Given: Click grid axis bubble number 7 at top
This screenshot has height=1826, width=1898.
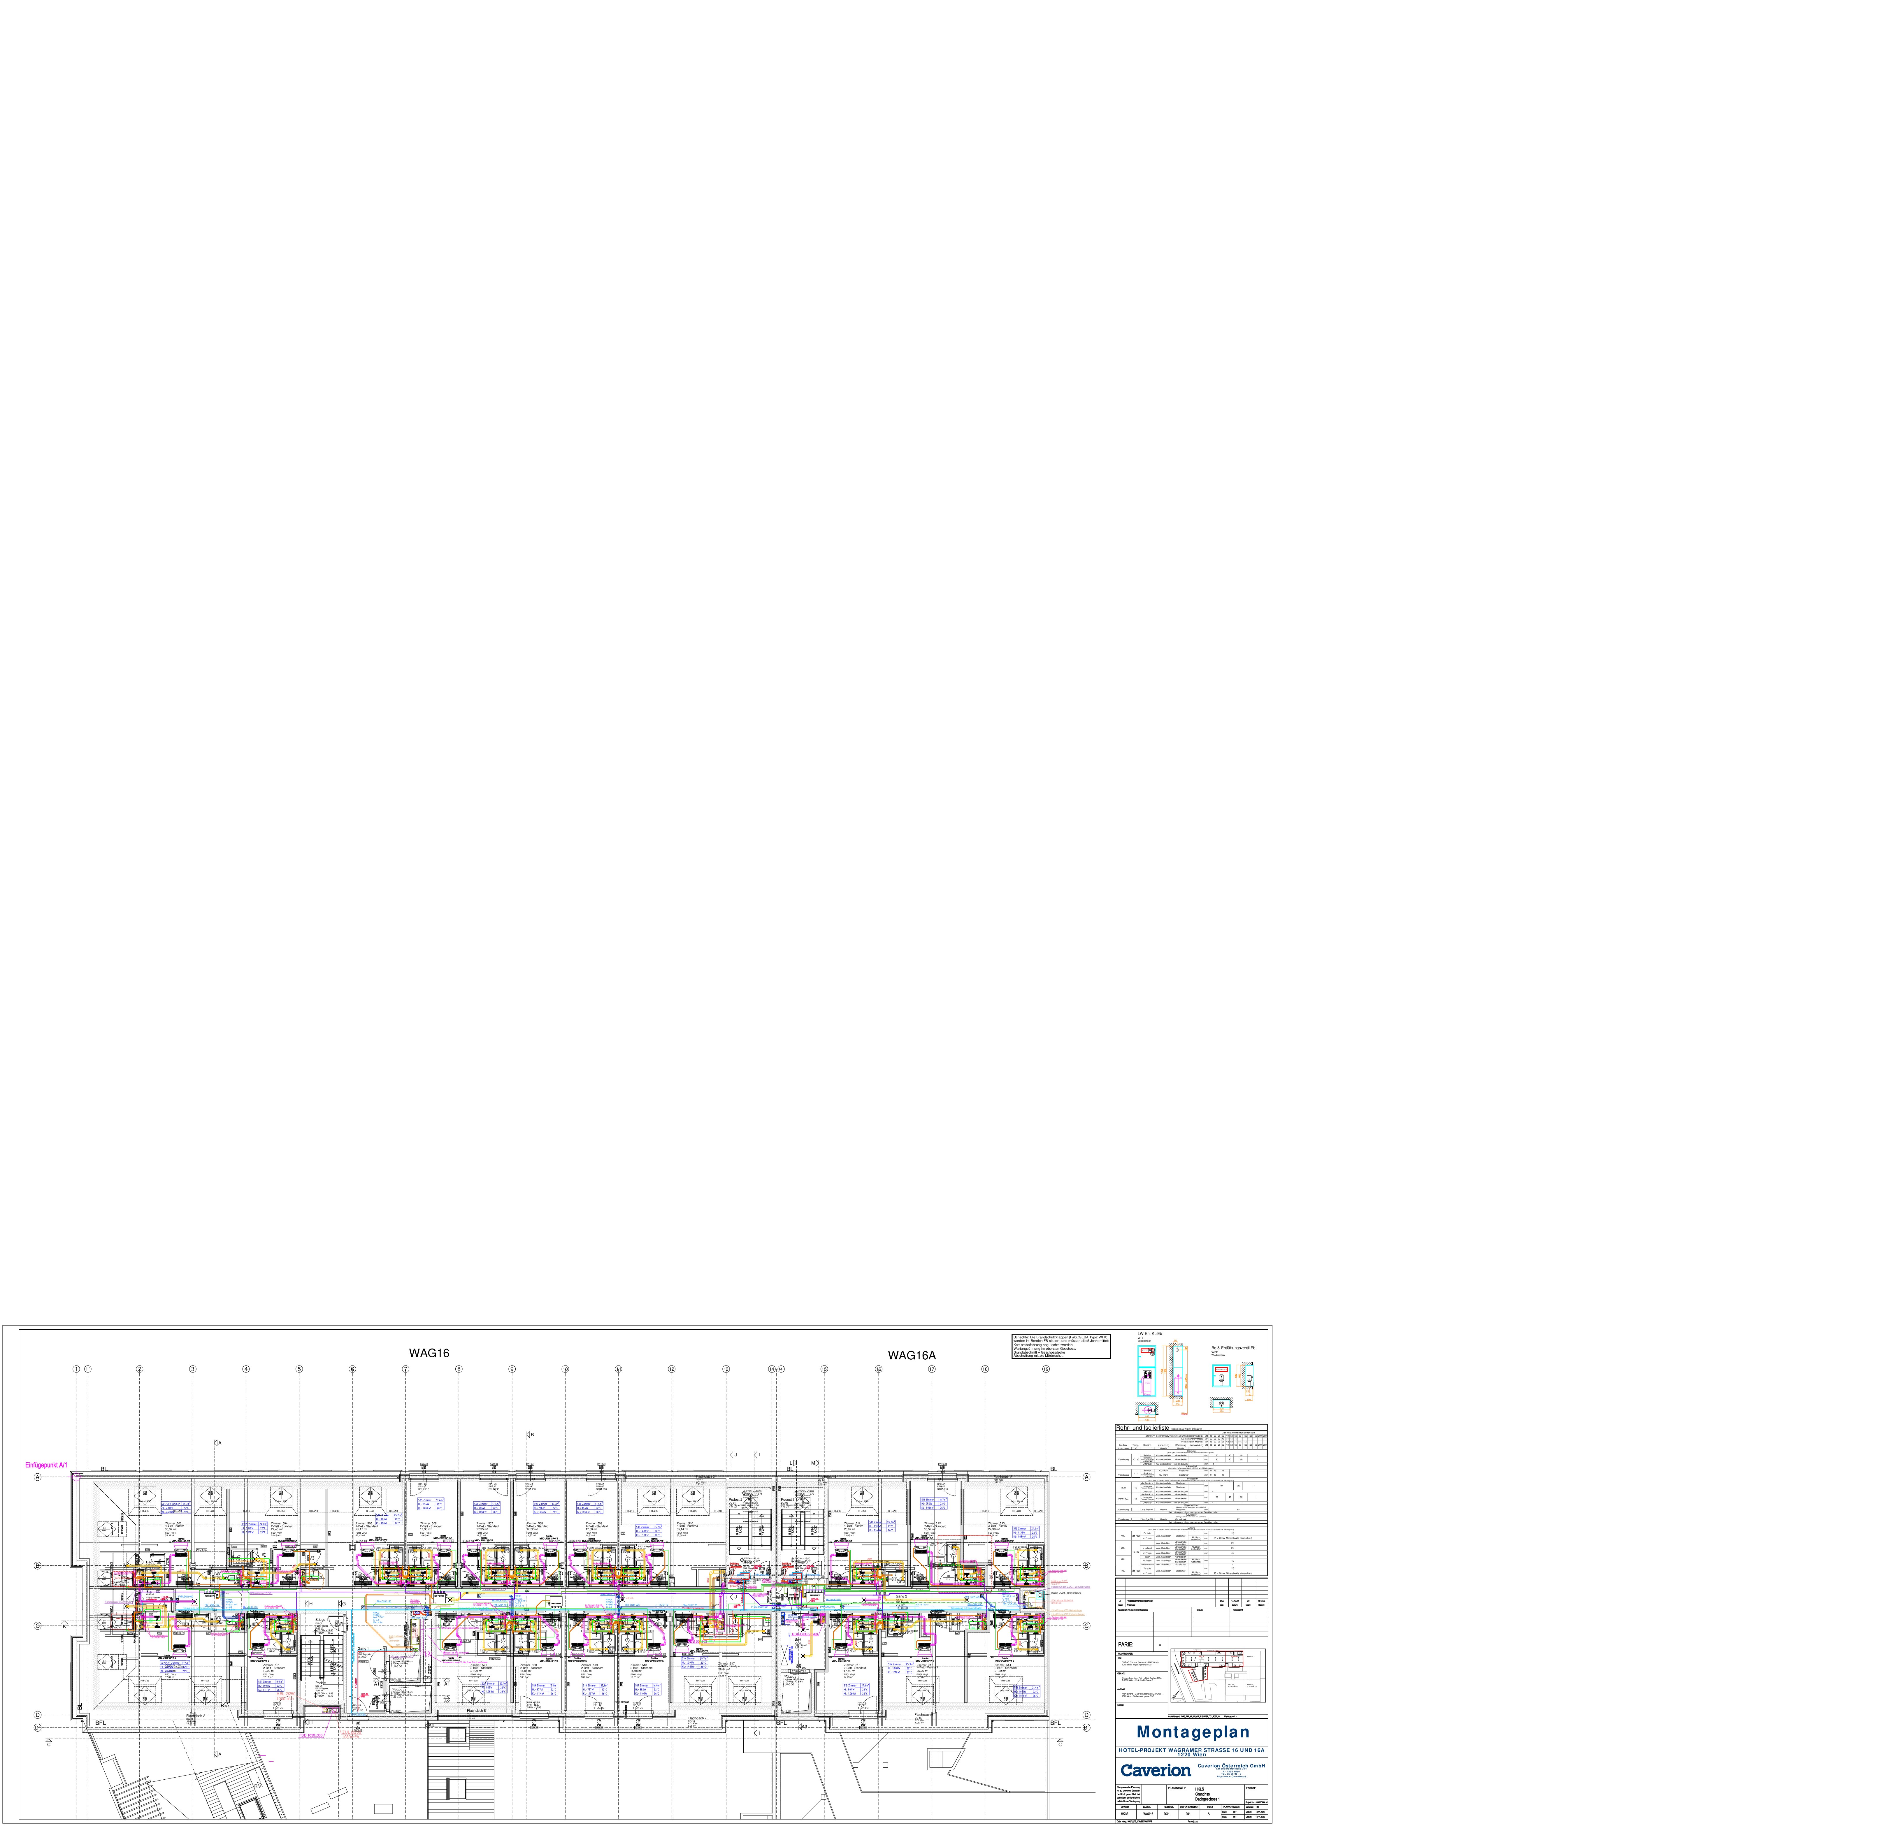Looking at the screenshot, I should point(406,1369).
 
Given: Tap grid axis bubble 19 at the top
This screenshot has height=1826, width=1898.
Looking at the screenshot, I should point(1046,1369).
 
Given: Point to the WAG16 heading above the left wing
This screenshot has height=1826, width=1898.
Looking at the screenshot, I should point(429,1353).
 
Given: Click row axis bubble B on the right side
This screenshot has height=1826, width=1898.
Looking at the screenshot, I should point(1086,1565).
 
